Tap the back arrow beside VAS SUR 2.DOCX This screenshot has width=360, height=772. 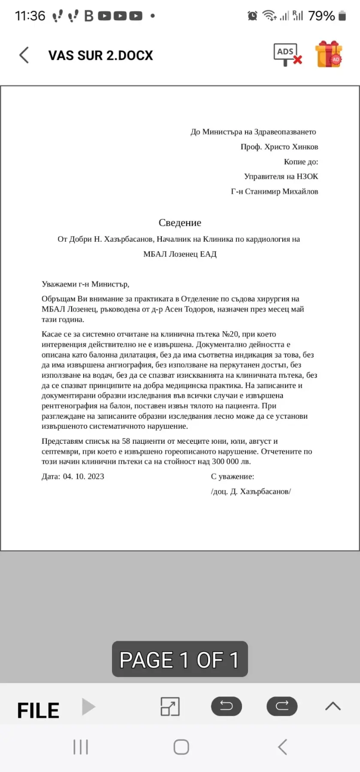[24, 55]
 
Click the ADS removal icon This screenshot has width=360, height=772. [287, 55]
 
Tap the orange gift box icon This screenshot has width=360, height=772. [328, 54]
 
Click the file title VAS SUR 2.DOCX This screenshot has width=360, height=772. [100, 56]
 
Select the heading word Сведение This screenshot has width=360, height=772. [180, 223]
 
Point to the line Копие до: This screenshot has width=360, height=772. [301, 162]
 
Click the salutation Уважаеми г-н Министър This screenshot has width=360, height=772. [85, 284]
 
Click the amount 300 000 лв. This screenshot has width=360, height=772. [231, 462]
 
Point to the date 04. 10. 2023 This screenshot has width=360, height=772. [84, 476]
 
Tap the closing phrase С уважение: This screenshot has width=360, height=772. [233, 476]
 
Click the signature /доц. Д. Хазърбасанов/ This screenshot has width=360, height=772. [251, 492]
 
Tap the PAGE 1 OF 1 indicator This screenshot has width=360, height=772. [180, 659]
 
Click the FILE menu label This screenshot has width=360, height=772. [38, 711]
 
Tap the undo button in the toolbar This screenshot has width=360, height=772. [226, 706]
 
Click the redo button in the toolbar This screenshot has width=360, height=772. [282, 706]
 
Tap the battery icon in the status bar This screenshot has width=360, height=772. [342, 16]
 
